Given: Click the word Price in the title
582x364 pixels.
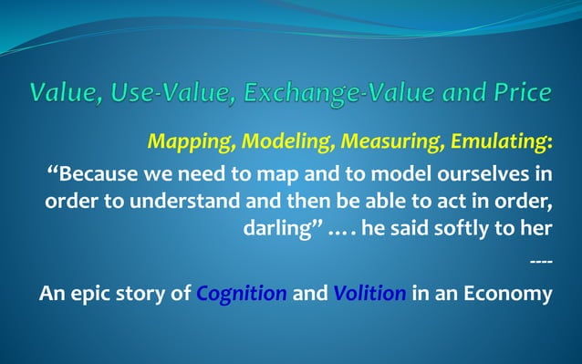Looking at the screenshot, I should [520, 93].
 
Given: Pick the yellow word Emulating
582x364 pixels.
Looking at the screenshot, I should [497, 143].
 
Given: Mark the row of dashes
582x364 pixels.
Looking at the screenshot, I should [541, 265].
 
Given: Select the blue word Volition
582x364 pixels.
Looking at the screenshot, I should [369, 295].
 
